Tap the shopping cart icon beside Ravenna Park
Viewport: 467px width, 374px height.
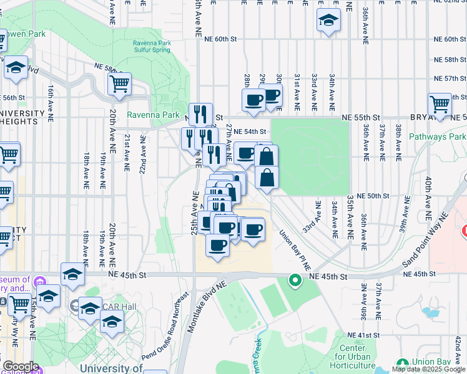(119, 83)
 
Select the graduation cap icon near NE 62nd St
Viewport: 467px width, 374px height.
(328, 21)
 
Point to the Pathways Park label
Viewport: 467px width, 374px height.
(437, 137)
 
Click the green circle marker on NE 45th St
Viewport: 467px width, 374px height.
(295, 281)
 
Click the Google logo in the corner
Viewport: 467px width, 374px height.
(21, 366)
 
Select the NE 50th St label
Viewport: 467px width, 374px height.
(381, 196)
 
